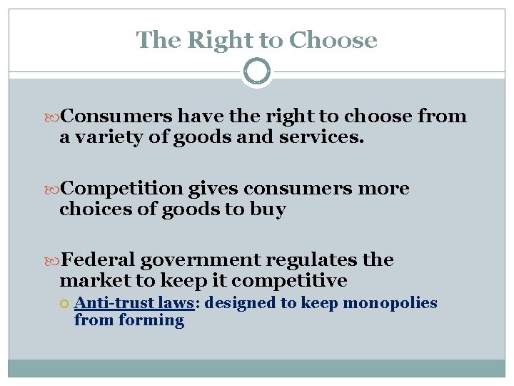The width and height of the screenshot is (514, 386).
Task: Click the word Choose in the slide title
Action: pyautogui.click(x=333, y=40)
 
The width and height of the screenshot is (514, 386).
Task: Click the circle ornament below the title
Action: pyautogui.click(x=257, y=71)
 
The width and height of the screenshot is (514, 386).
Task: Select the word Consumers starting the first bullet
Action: pyautogui.click(x=117, y=117)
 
